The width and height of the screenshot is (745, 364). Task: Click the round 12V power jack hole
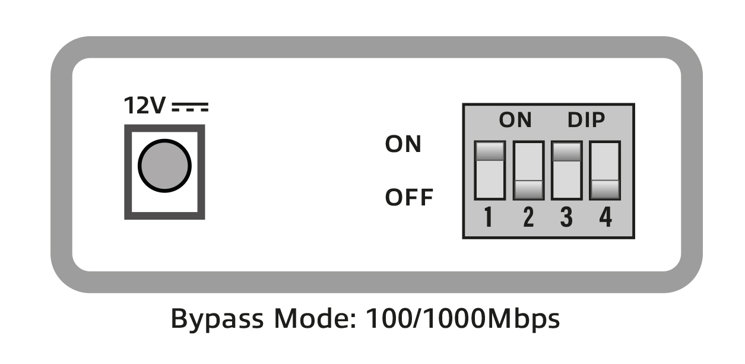[164, 166]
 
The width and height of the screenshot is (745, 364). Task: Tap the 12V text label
[144, 106]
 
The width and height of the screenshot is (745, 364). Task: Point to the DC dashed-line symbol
[190, 107]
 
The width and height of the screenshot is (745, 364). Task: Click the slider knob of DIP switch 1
[490, 151]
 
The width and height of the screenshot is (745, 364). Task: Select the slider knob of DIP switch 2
[528, 189]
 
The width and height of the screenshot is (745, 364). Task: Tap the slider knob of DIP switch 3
[567, 151]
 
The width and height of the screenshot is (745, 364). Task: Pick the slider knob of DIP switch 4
[605, 189]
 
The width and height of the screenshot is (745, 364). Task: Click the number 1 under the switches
[488, 217]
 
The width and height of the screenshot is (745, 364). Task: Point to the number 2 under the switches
[528, 217]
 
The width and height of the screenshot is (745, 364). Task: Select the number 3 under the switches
[567, 217]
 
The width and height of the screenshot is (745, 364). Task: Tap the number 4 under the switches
[605, 217]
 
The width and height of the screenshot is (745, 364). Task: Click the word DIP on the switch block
[586, 120]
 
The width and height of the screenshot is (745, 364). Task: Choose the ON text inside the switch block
[515, 120]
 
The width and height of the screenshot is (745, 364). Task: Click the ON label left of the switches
[403, 144]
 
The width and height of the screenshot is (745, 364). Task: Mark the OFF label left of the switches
[409, 197]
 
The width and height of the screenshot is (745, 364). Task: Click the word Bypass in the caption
[217, 319]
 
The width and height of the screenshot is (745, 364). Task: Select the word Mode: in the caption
[315, 318]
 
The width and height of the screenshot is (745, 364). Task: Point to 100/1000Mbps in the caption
[462, 319]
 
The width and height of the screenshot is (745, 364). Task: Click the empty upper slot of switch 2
[528, 162]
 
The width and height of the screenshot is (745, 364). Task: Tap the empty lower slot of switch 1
[490, 180]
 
